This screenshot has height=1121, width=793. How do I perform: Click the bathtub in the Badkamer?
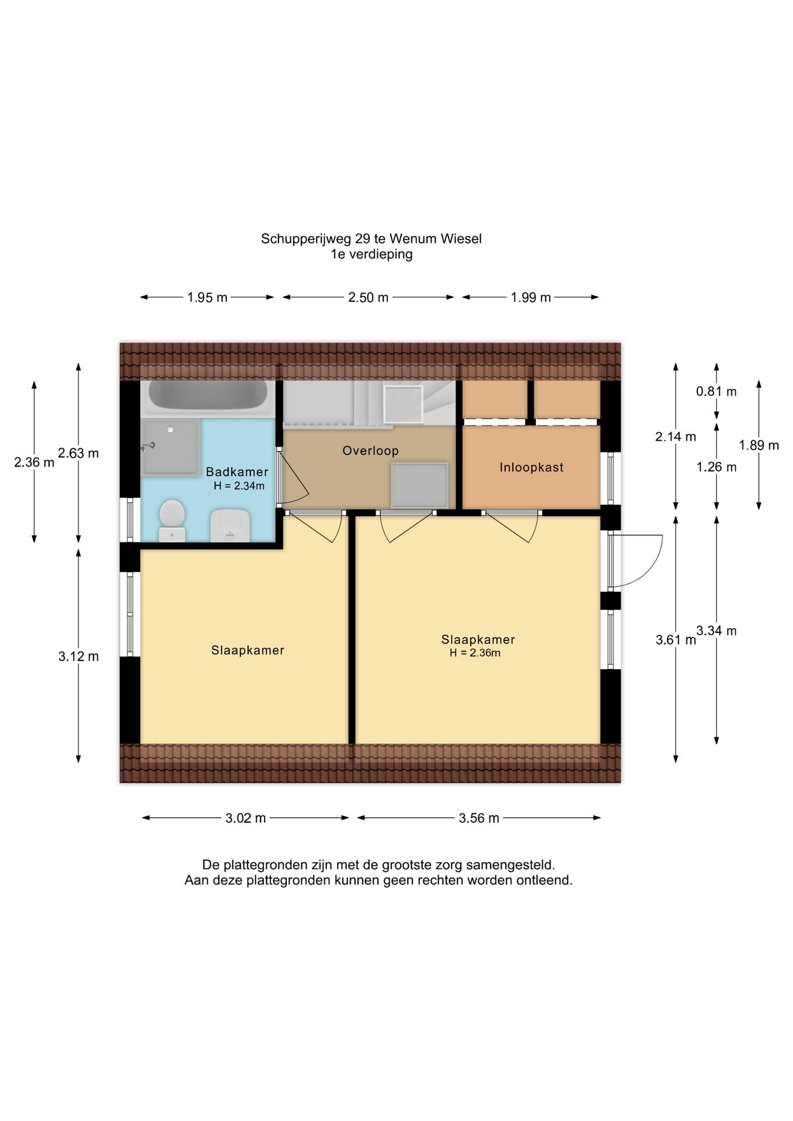click(208, 398)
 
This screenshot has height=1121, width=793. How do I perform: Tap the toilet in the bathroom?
click(172, 520)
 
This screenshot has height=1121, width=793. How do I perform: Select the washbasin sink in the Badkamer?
click(230, 525)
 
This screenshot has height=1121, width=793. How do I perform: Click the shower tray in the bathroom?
click(171, 447)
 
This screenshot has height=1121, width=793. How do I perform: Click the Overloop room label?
click(371, 451)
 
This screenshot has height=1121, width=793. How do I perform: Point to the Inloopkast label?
click(531, 467)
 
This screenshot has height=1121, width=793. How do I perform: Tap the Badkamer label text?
click(237, 472)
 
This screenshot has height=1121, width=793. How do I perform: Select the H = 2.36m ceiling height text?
click(475, 653)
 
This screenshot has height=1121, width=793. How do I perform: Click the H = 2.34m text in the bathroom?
click(239, 486)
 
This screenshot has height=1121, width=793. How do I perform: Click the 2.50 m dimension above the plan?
click(368, 297)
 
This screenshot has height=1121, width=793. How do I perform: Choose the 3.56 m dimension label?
click(479, 818)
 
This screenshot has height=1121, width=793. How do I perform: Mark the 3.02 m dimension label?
click(246, 818)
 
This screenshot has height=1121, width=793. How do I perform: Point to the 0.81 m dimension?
click(717, 391)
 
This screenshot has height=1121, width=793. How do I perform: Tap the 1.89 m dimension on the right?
click(759, 445)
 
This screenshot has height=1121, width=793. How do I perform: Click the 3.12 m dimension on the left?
click(78, 656)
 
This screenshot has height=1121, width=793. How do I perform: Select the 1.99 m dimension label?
click(531, 297)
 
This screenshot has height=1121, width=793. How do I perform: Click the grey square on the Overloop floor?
click(419, 485)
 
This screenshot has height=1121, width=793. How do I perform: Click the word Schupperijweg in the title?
click(306, 239)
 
